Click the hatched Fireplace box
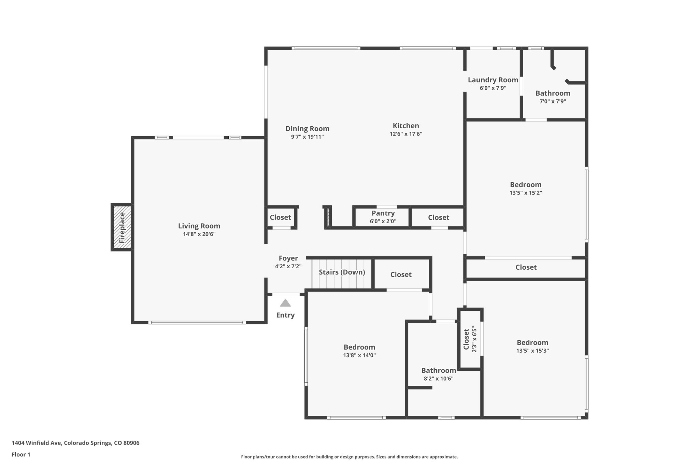click(122, 227)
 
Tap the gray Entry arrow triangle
click(285, 303)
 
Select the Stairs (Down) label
click(342, 272)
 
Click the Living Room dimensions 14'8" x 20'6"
click(199, 234)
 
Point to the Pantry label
click(383, 213)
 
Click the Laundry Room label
click(493, 80)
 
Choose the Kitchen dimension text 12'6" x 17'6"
click(406, 134)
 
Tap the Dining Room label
click(307, 129)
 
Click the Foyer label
click(288, 258)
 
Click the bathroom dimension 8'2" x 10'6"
click(438, 379)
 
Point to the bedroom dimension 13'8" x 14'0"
click(359, 355)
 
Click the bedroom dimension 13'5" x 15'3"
click(532, 351)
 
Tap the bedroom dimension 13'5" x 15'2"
click(526, 193)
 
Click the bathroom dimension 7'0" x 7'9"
click(553, 101)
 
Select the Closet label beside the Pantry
click(438, 217)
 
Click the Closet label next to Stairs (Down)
click(401, 274)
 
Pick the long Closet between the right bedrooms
click(526, 267)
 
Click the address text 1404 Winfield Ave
click(75, 443)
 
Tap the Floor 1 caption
click(21, 454)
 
